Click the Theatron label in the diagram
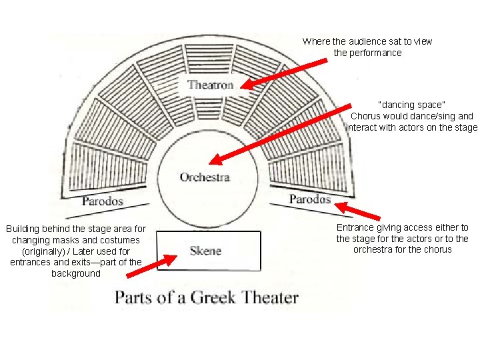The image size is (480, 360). click(211, 85)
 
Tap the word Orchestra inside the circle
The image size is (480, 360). click(205, 177)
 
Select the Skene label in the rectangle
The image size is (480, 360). click(205, 251)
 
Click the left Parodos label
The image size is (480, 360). click(103, 200)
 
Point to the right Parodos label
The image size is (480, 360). click(310, 199)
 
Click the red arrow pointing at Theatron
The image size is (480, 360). click(283, 73)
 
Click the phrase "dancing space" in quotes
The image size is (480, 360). click(411, 105)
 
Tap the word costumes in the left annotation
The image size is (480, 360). click(117, 239)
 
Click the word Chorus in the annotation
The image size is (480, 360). click(365, 116)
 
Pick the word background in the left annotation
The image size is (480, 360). click(75, 273)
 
